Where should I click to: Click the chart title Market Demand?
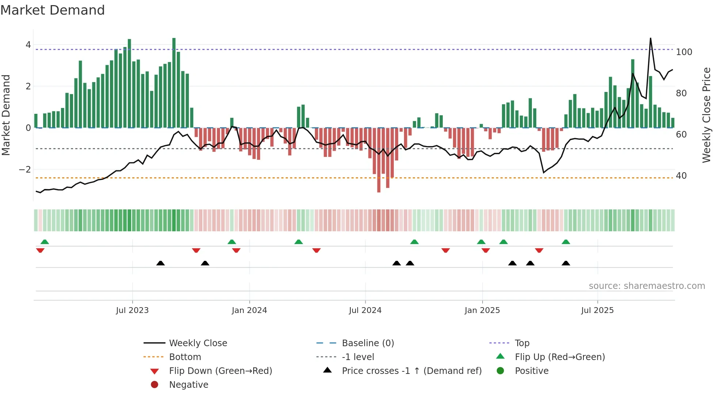tap(53, 10)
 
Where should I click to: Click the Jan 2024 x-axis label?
tap(249, 310)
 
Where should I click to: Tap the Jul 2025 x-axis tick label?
tap(597, 310)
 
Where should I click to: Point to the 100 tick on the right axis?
tap(684, 52)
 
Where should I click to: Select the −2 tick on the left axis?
tap(25, 169)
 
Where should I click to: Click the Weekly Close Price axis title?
tap(706, 115)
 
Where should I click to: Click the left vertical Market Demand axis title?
tap(6, 115)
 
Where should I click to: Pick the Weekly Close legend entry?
tap(198, 343)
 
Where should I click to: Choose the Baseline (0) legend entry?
tap(367, 343)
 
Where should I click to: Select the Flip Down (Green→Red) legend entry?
tap(220, 371)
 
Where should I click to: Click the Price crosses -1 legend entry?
tap(411, 371)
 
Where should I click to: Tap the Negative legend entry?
tap(188, 384)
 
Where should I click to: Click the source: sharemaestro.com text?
tap(647, 286)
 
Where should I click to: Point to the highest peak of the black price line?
tap(651, 38)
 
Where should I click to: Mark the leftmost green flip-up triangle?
tap(45, 242)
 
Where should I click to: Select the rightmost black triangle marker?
tap(566, 263)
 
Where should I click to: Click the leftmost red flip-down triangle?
tap(40, 250)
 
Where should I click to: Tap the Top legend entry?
tap(522, 343)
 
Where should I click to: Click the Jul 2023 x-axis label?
tap(132, 310)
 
